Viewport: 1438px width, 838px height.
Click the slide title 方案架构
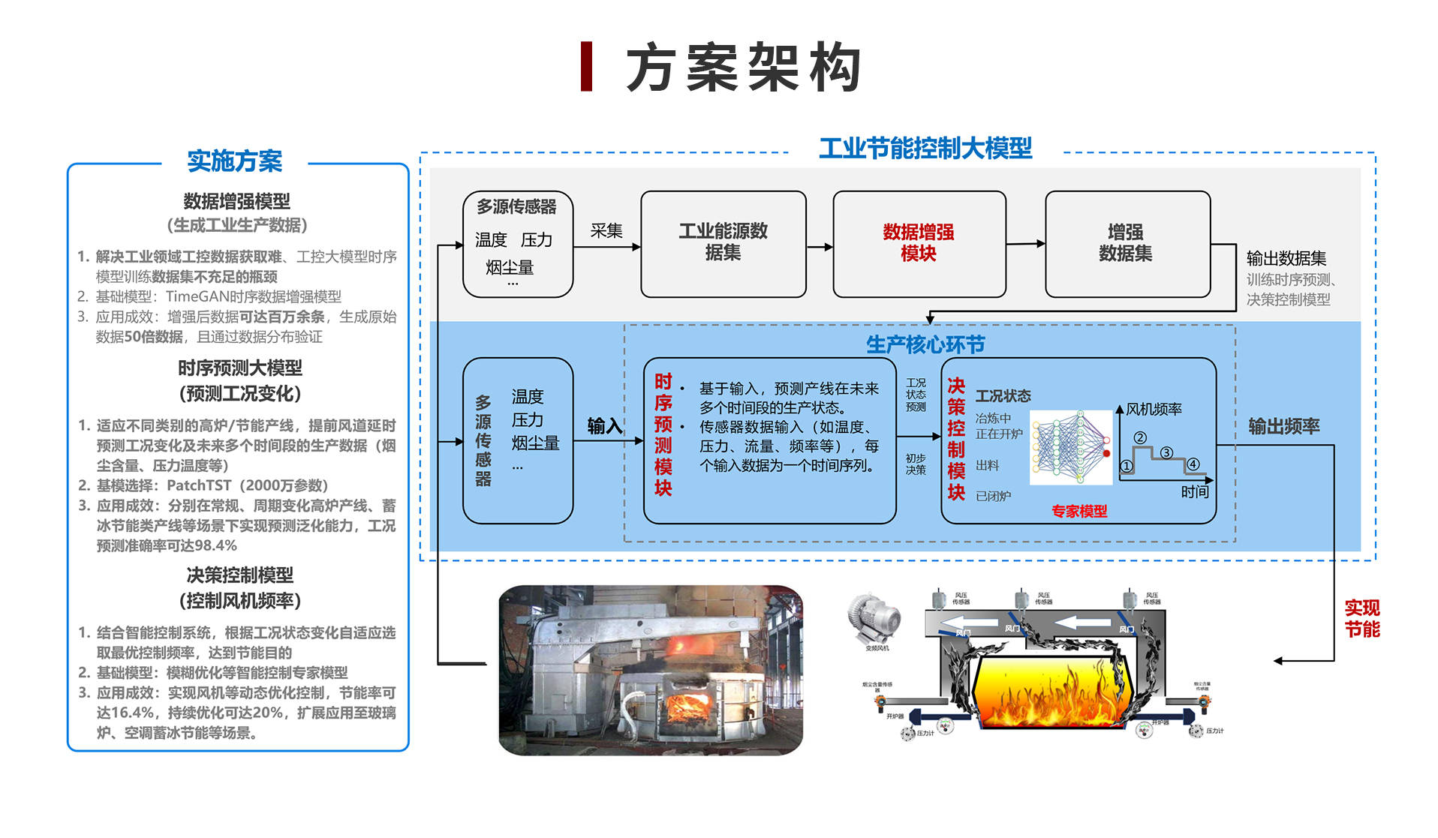(743, 68)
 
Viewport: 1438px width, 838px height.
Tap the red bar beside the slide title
(587, 67)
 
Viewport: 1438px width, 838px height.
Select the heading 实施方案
(234, 161)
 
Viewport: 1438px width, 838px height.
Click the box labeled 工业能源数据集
(723, 242)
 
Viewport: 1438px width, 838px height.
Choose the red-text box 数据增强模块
(919, 243)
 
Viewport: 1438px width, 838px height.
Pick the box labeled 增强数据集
(1126, 243)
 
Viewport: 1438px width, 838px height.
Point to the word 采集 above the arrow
(606, 230)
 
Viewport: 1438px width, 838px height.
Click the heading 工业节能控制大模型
(925, 148)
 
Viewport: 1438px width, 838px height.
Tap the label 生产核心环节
(925, 344)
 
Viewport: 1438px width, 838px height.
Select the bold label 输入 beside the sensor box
(605, 426)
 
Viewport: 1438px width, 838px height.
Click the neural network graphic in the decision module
(1070, 447)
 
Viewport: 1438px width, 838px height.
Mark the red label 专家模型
(1079, 512)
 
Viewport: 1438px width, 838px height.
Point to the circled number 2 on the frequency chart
(1140, 438)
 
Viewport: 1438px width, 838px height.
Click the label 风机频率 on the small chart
(1154, 409)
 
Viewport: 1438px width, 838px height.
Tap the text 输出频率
(1283, 426)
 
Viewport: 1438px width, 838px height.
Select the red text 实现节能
(1361, 618)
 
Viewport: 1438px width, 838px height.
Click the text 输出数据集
(1286, 258)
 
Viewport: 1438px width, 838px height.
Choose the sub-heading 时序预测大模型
(240, 368)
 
